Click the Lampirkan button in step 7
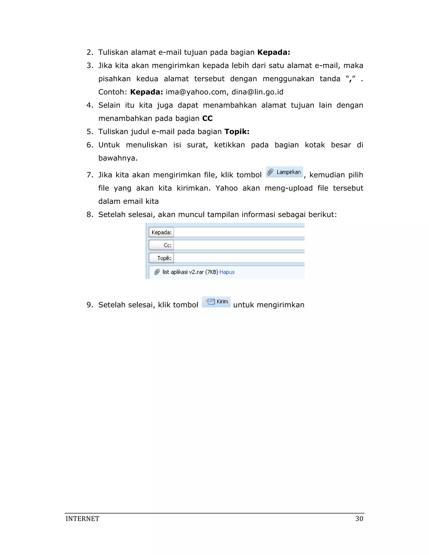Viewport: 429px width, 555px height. pyautogui.click(x=284, y=172)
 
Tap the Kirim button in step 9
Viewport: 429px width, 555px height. pyautogui.click(x=216, y=302)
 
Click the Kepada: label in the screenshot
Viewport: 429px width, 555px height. pyautogui.click(x=161, y=232)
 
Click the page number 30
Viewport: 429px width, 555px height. pyautogui.click(x=359, y=519)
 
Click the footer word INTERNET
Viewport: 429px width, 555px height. pyautogui.click(x=82, y=519)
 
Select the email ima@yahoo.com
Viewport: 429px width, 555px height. pyautogui.click(x=196, y=92)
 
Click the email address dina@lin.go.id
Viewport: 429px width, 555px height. pyautogui.click(x=257, y=92)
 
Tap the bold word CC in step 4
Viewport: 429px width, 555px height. pyautogui.click(x=207, y=118)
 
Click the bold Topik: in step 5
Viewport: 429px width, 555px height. pyautogui.click(x=237, y=132)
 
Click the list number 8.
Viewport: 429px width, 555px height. pyautogui.click(x=89, y=214)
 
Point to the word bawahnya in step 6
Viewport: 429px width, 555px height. pyautogui.click(x=118, y=158)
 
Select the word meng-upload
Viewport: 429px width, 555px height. pyautogui.click(x=288, y=188)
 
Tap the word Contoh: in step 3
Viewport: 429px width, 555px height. pyautogui.click(x=112, y=92)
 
